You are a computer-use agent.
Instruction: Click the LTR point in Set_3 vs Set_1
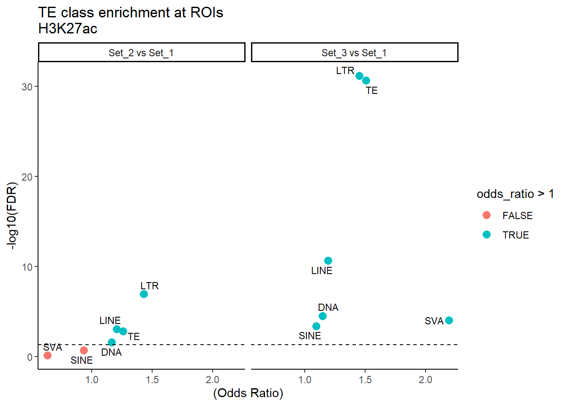point(359,76)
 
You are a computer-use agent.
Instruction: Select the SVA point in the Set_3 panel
point(449,321)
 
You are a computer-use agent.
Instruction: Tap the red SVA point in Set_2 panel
point(47,356)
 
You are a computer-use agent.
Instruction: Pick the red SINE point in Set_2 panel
point(84,350)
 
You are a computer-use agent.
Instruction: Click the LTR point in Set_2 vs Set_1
point(144,294)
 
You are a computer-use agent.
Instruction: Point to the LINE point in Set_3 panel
point(328,261)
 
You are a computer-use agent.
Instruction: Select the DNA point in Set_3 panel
point(322,316)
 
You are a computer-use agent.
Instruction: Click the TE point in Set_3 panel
point(366,80)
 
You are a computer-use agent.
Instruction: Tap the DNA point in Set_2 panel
point(112,342)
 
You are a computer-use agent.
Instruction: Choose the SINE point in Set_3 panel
point(316,326)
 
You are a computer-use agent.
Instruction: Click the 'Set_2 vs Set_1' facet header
point(141,53)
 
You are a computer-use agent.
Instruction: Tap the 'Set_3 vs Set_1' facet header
point(354,53)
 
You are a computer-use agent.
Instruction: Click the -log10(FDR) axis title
point(13,216)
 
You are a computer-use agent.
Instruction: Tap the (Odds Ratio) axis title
point(248,393)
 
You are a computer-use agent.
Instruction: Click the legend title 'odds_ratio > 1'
point(515,194)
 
